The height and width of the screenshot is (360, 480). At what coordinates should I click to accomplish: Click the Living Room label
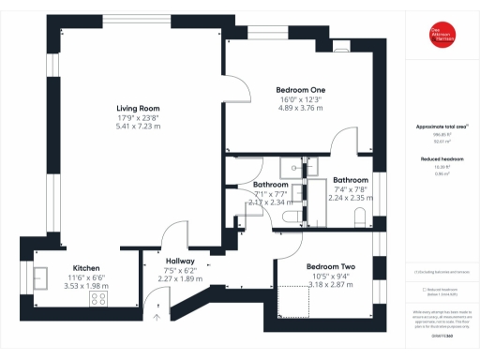[138, 108]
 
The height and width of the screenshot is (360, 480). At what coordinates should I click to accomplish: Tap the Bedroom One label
[300, 90]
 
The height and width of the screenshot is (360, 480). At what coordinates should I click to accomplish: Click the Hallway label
[179, 261]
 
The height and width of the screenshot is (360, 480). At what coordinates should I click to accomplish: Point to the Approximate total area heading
[441, 125]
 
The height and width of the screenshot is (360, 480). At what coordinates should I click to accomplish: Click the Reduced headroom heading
[441, 159]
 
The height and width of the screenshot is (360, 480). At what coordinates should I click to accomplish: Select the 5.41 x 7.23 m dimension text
[138, 126]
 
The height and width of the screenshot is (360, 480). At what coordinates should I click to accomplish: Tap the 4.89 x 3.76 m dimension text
[300, 108]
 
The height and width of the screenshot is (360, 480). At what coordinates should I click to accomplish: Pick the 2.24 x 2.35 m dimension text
[351, 198]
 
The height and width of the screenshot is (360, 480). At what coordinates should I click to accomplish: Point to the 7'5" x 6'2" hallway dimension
[179, 270]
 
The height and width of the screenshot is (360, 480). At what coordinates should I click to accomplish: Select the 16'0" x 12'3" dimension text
[300, 99]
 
